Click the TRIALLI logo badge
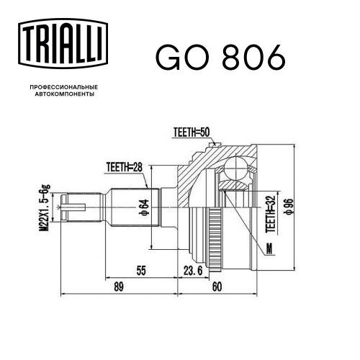point(63,43)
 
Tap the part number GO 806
point(220,58)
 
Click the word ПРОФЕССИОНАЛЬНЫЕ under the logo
point(64,87)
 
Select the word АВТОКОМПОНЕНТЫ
point(65,94)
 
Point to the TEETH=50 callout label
point(192,132)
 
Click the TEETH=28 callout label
point(125,167)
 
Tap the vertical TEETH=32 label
point(270,214)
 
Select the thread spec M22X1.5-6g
point(45,207)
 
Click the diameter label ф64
point(145,207)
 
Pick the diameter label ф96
point(288,207)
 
